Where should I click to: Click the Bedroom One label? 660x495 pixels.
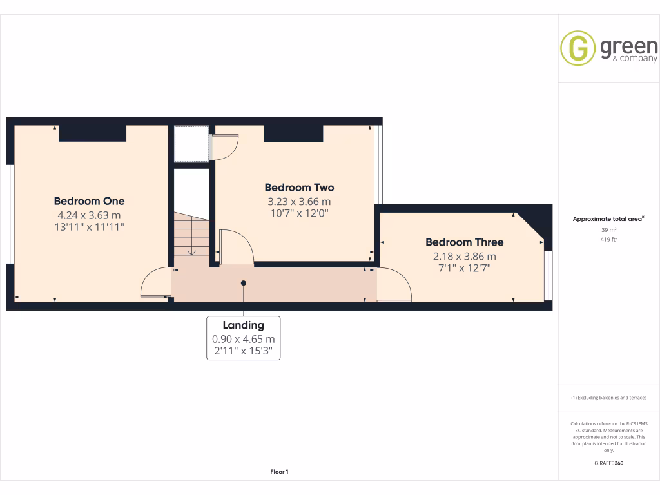pyautogui.click(x=89, y=201)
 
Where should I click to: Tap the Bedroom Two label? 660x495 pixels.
pyautogui.click(x=299, y=188)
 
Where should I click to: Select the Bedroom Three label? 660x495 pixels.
pyautogui.click(x=464, y=242)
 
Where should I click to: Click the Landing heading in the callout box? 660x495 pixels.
pyautogui.click(x=243, y=325)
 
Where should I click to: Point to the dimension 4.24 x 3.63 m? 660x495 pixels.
pyautogui.click(x=89, y=215)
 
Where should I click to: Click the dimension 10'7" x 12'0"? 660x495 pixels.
pyautogui.click(x=299, y=213)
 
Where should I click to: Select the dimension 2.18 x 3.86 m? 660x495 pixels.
pyautogui.click(x=464, y=256)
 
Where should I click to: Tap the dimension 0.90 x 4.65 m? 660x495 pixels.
pyautogui.click(x=243, y=339)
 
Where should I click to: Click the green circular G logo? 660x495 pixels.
pyautogui.click(x=577, y=48)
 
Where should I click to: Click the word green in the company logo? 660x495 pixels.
pyautogui.click(x=628, y=46)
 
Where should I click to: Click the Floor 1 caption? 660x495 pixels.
pyautogui.click(x=279, y=472)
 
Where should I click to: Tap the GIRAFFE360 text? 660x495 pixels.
pyautogui.click(x=609, y=463)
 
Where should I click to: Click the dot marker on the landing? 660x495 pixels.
pyautogui.click(x=244, y=282)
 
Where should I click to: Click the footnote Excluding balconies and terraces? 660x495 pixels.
pyautogui.click(x=609, y=398)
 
